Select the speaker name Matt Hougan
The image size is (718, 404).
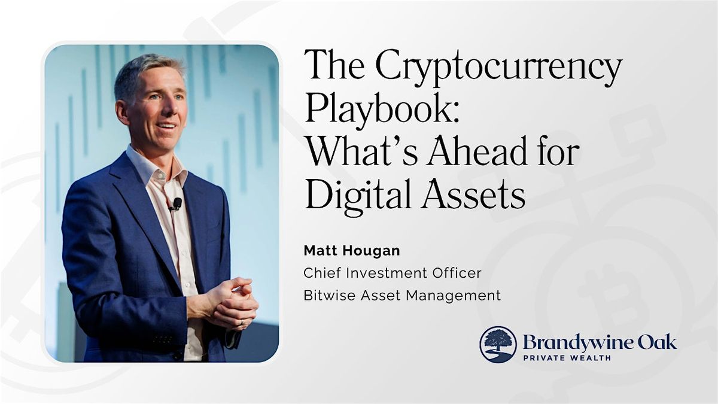click(352, 251)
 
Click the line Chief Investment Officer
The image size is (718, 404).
click(393, 273)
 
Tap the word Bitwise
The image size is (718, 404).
click(330, 295)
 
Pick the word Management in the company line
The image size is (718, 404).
click(454, 296)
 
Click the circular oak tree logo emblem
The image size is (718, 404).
click(498, 345)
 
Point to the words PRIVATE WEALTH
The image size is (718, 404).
click(567, 357)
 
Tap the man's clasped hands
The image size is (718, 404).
click(233, 303)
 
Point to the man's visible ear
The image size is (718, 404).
click(123, 112)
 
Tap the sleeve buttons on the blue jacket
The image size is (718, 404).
click(163, 339)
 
